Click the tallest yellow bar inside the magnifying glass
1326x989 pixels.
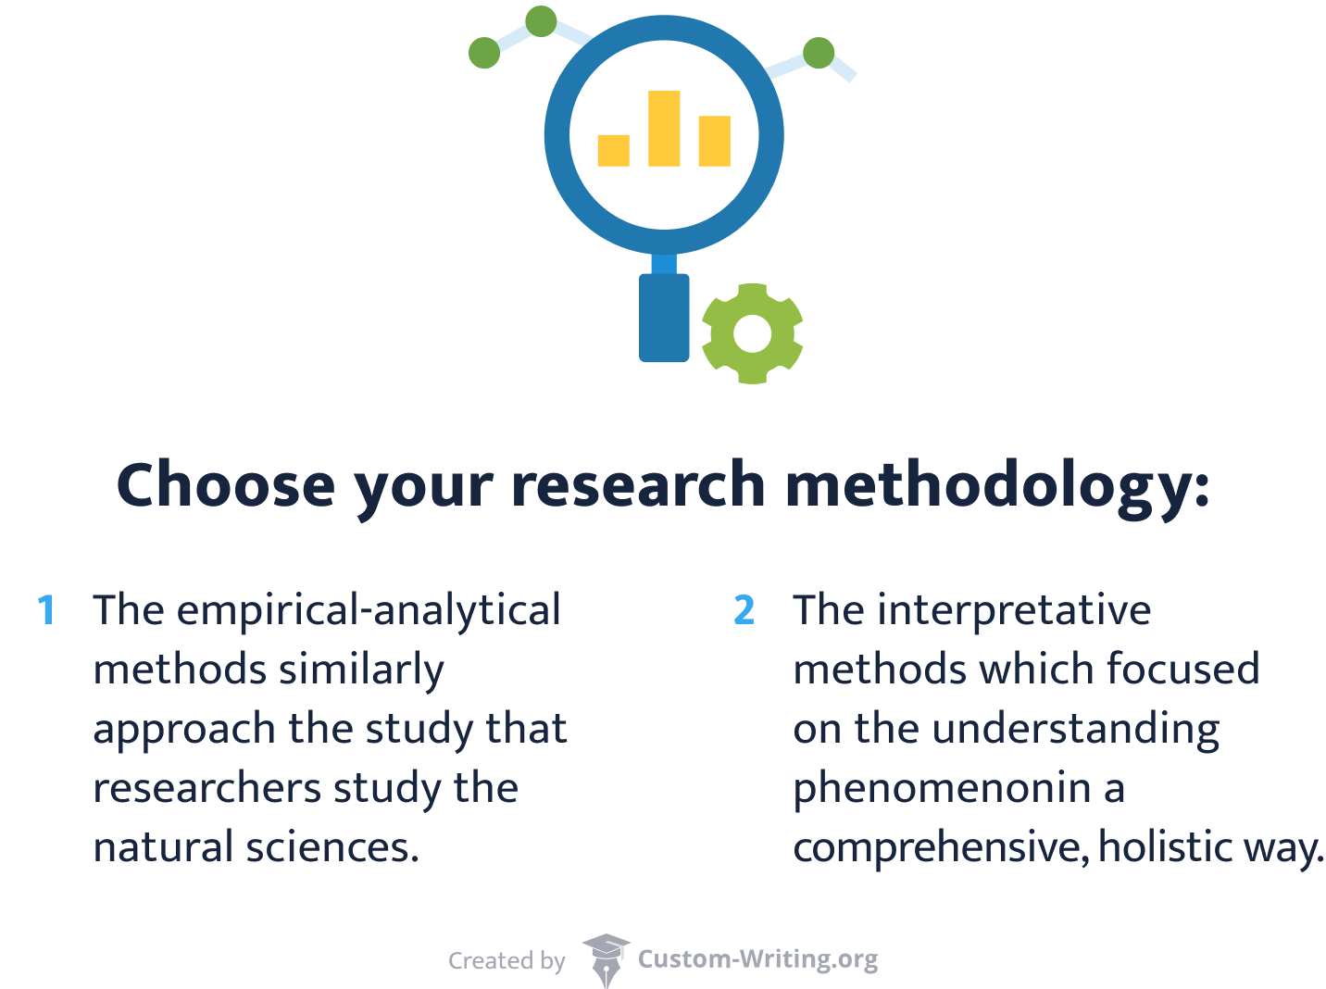(664, 128)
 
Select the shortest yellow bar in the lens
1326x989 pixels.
(613, 150)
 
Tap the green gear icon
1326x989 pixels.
(752, 333)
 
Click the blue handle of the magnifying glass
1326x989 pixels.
(664, 317)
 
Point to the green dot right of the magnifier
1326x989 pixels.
(819, 53)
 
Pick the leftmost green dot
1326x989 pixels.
(484, 53)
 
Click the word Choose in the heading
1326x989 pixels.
(226, 485)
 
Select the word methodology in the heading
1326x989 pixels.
(989, 485)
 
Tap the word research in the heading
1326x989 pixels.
(638, 485)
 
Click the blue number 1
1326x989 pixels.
(46, 611)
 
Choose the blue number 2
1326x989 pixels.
(744, 611)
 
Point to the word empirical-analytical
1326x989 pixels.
(369, 611)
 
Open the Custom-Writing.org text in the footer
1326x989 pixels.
(757, 958)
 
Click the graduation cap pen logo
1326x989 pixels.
(606, 959)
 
